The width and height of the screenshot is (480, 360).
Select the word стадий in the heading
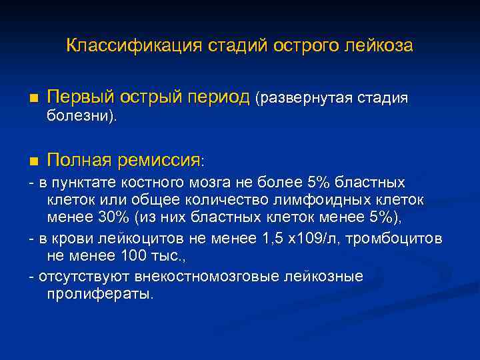coord(229,46)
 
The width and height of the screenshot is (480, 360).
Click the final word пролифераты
coord(100,294)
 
